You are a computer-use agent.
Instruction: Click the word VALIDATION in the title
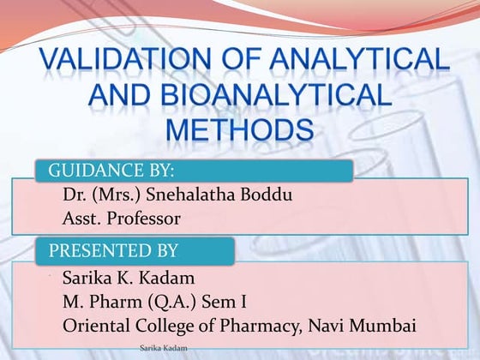[x=123, y=62]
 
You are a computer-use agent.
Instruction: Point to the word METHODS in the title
[x=239, y=131]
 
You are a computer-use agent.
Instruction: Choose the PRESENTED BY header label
[x=113, y=250]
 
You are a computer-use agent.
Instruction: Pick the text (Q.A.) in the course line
[x=169, y=302]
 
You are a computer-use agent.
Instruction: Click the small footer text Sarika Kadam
[x=162, y=350]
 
